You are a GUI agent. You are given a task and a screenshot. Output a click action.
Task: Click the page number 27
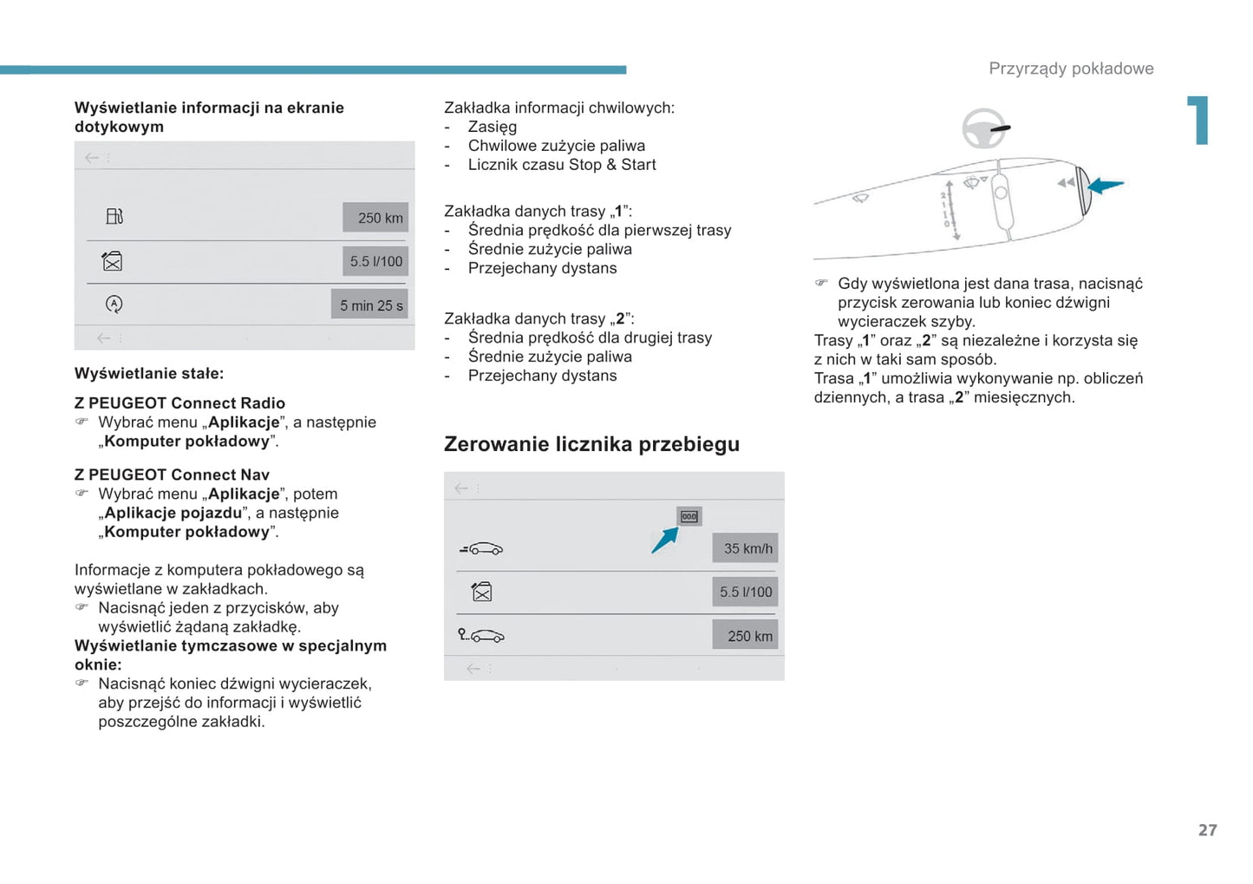click(x=1207, y=830)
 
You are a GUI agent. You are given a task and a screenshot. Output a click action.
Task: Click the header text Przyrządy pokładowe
click(x=1071, y=69)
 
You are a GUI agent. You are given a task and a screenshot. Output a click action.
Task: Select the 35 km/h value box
click(x=746, y=548)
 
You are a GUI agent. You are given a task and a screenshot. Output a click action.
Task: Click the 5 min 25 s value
click(x=370, y=305)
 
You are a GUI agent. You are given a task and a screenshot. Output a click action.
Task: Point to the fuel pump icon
click(x=114, y=216)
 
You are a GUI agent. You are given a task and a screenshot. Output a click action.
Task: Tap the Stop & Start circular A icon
click(x=114, y=304)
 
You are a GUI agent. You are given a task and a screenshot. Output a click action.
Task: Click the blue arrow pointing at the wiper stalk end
click(x=1106, y=185)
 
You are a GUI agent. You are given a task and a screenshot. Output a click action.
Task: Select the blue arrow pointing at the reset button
click(x=664, y=540)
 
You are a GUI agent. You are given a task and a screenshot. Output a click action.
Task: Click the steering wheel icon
click(x=984, y=129)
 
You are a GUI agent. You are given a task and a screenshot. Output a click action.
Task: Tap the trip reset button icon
click(x=689, y=516)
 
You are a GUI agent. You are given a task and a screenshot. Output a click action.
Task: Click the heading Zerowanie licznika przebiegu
click(x=591, y=444)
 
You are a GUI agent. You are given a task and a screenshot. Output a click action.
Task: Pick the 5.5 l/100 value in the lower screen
click(x=745, y=592)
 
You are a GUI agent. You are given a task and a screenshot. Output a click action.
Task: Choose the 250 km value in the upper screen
click(x=376, y=218)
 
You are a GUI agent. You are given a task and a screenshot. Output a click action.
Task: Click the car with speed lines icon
click(x=481, y=548)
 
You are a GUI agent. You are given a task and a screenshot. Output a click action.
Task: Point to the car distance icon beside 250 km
click(x=481, y=635)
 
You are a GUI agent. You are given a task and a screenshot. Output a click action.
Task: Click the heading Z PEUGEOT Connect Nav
click(x=172, y=475)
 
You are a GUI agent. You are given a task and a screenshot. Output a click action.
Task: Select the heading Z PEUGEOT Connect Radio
click(x=179, y=403)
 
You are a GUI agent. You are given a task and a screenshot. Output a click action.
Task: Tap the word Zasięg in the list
click(x=492, y=127)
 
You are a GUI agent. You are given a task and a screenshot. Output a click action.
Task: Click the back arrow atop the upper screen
click(x=91, y=158)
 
